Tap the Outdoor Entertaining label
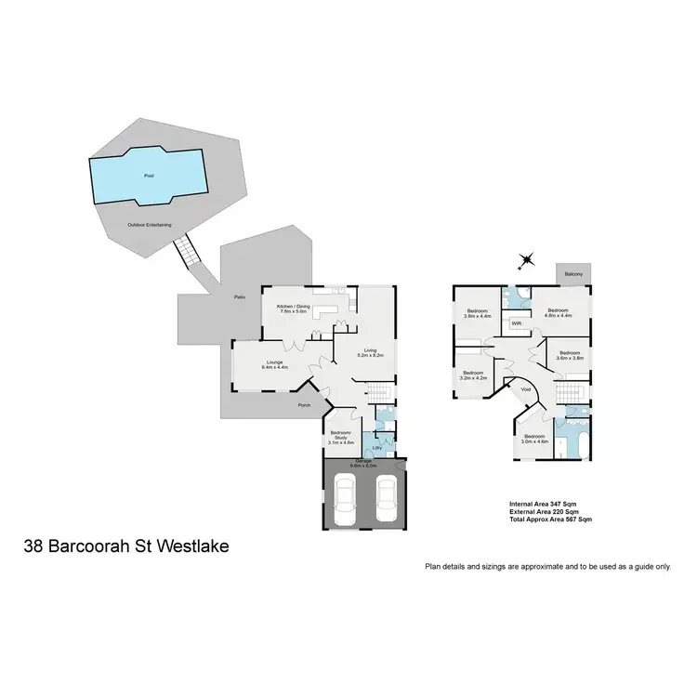tap(149, 225)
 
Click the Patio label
tap(239, 296)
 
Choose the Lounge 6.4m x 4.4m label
tap(275, 364)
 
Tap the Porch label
tap(304, 405)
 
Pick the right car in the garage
tap(386, 499)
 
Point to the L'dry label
tap(376, 448)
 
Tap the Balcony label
tap(572, 274)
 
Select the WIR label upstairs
tap(517, 323)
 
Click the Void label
tap(526, 389)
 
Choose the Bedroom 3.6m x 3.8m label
tap(569, 355)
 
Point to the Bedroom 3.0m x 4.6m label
tap(535, 439)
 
